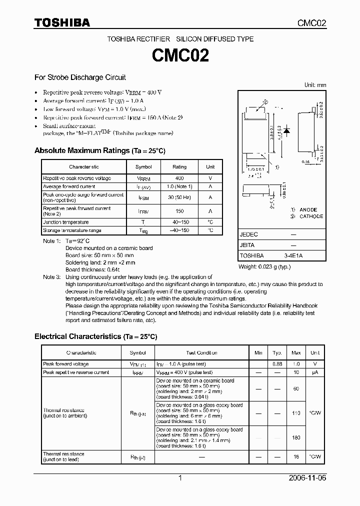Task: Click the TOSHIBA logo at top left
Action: click(x=62, y=23)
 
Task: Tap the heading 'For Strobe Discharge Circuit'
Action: click(x=80, y=77)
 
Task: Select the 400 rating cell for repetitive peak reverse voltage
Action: click(x=179, y=178)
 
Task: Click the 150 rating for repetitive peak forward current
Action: click(x=179, y=211)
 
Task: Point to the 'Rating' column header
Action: click(x=179, y=167)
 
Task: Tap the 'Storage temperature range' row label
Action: click(x=72, y=230)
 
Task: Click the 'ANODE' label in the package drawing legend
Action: click(x=308, y=209)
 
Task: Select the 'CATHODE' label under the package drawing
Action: click(x=311, y=216)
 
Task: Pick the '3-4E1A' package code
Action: click(x=293, y=255)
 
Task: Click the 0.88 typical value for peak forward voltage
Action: click(x=277, y=364)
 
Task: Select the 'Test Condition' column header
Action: click(x=201, y=353)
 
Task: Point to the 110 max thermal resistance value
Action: click(x=296, y=413)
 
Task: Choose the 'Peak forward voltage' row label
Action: click(x=66, y=364)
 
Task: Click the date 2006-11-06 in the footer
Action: click(x=307, y=478)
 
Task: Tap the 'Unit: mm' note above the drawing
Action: click(x=315, y=85)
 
